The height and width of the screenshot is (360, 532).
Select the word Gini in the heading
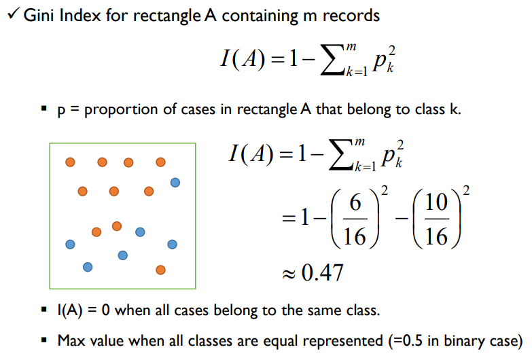(38, 15)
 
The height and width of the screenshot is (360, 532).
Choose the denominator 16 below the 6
(355, 236)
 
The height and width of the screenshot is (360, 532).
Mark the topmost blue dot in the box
(175, 182)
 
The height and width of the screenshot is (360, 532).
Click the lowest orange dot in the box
(160, 270)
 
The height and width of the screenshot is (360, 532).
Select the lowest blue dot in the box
(87, 267)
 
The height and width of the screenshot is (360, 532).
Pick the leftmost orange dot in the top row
(70, 162)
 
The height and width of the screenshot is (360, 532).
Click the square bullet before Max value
(44, 340)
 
